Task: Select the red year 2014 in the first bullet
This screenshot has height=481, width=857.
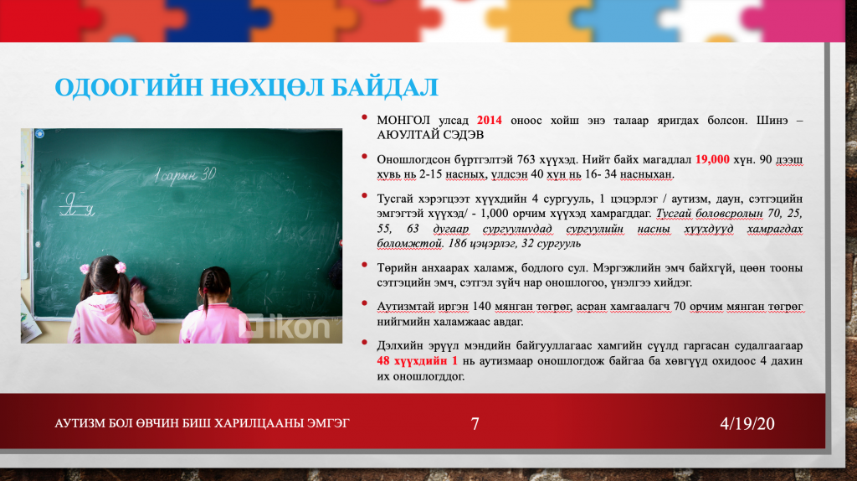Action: (x=489, y=121)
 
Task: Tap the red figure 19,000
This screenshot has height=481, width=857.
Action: (x=712, y=160)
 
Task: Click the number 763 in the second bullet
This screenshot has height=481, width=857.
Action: (x=526, y=160)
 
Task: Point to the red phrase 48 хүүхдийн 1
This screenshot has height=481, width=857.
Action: (x=417, y=361)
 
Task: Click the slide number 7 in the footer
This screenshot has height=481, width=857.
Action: (x=475, y=423)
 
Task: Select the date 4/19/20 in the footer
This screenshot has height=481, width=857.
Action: (x=747, y=423)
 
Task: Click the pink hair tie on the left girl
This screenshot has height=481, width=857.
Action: (x=121, y=267)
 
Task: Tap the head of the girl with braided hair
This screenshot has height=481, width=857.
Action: (x=214, y=282)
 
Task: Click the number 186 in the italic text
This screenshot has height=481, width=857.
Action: (x=458, y=244)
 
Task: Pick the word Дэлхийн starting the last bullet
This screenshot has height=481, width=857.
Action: (x=399, y=346)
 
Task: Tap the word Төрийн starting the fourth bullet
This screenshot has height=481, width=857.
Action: (x=395, y=268)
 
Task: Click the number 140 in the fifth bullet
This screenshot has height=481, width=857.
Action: (x=482, y=307)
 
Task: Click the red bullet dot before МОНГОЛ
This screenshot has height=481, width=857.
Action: (x=364, y=117)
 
